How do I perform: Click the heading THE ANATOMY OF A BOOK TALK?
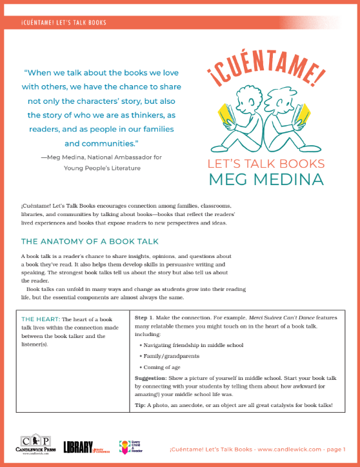(86, 243)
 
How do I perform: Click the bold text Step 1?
(145, 319)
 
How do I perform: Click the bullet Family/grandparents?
(169, 355)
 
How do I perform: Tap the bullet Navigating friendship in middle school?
(192, 345)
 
